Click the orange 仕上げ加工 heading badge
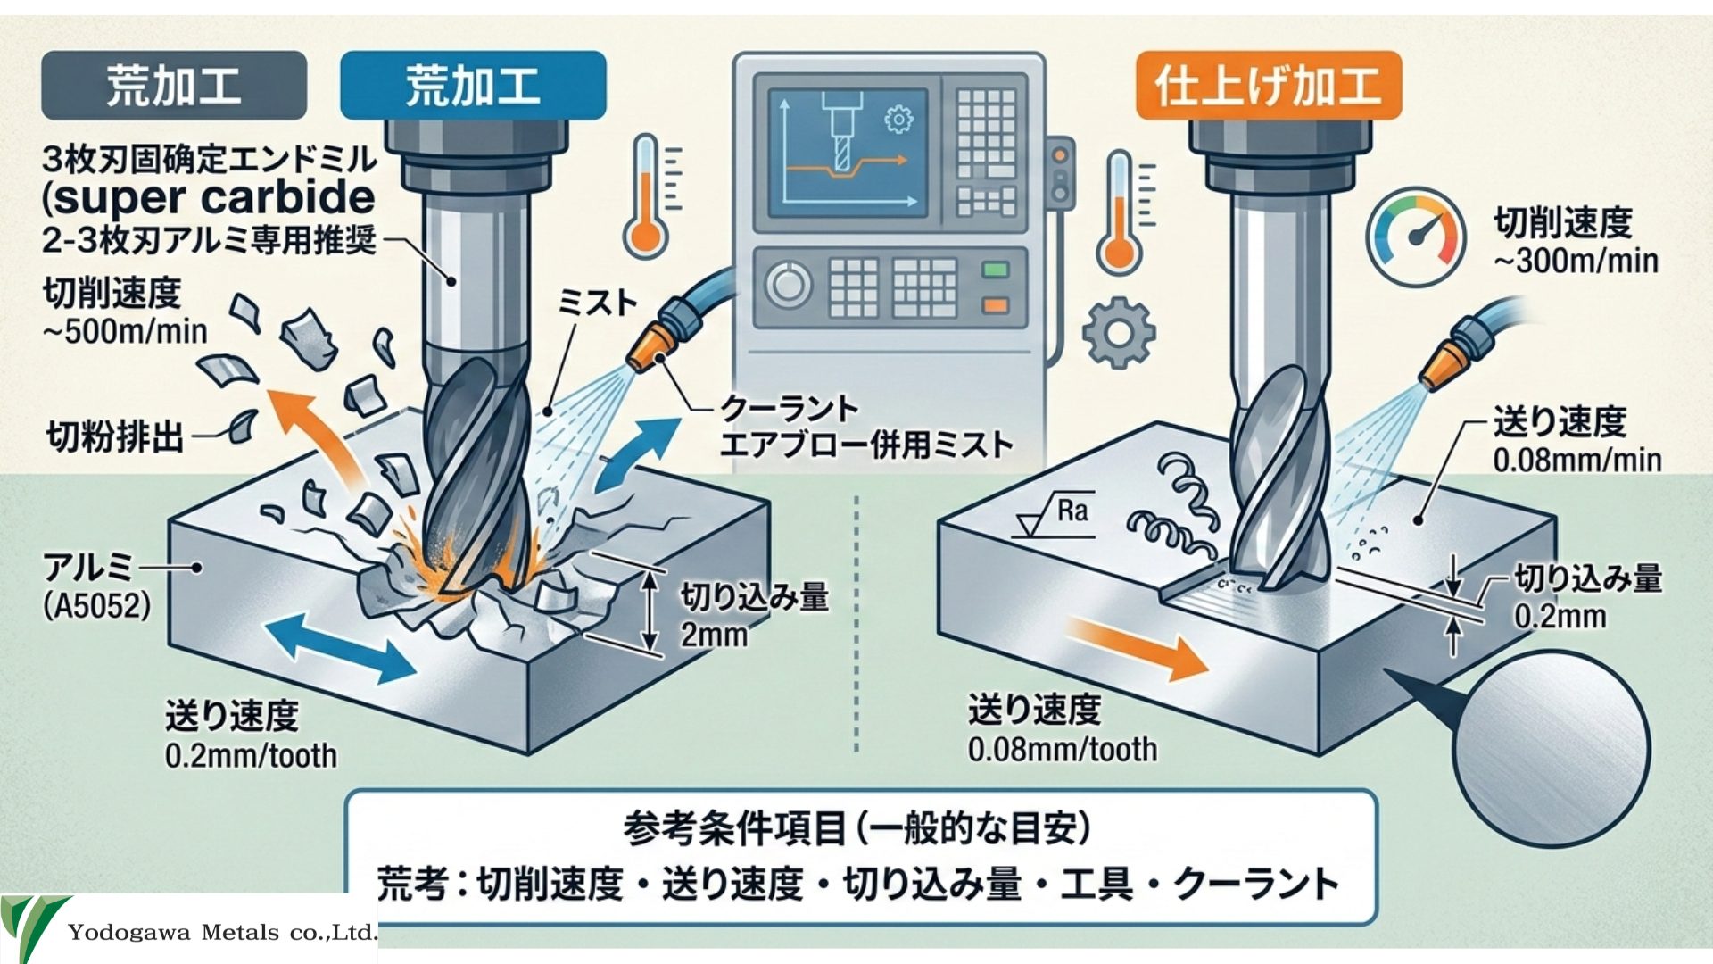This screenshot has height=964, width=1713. [x=1268, y=86]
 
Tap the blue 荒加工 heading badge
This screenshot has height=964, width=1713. [x=473, y=86]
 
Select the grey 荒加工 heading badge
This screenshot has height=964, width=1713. [x=174, y=86]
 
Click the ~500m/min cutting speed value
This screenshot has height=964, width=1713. [x=125, y=331]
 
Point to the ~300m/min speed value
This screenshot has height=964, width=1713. [x=1576, y=261]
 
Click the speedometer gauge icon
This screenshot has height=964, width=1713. [x=1415, y=236]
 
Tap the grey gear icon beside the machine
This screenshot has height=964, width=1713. [x=1118, y=333]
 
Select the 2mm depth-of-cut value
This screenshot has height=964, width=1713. [x=714, y=635]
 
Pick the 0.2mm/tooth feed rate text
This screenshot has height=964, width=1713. [x=251, y=756]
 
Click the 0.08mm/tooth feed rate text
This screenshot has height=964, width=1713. [x=1062, y=749]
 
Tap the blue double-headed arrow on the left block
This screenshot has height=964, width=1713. [x=341, y=646]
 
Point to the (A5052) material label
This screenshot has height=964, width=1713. [x=97, y=607]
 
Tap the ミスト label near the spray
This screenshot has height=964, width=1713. [x=597, y=303]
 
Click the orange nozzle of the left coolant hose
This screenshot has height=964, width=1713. [x=649, y=352]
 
